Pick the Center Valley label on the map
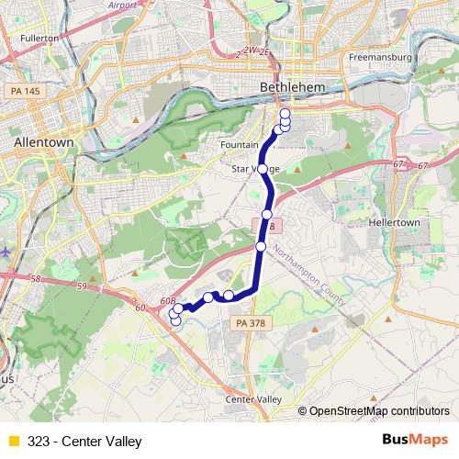pyautogui.click(x=253, y=399)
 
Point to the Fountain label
pyautogui.click(x=241, y=145)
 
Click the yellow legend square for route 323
pyautogui.click(x=12, y=442)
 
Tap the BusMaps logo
pyautogui.click(x=416, y=441)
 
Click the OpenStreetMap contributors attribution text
pyautogui.click(x=379, y=411)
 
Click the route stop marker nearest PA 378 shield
pyautogui.click(x=229, y=296)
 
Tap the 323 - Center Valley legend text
pyautogui.click(x=85, y=442)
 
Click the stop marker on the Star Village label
pyautogui.click(x=263, y=169)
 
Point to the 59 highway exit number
pyautogui.click(x=82, y=287)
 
